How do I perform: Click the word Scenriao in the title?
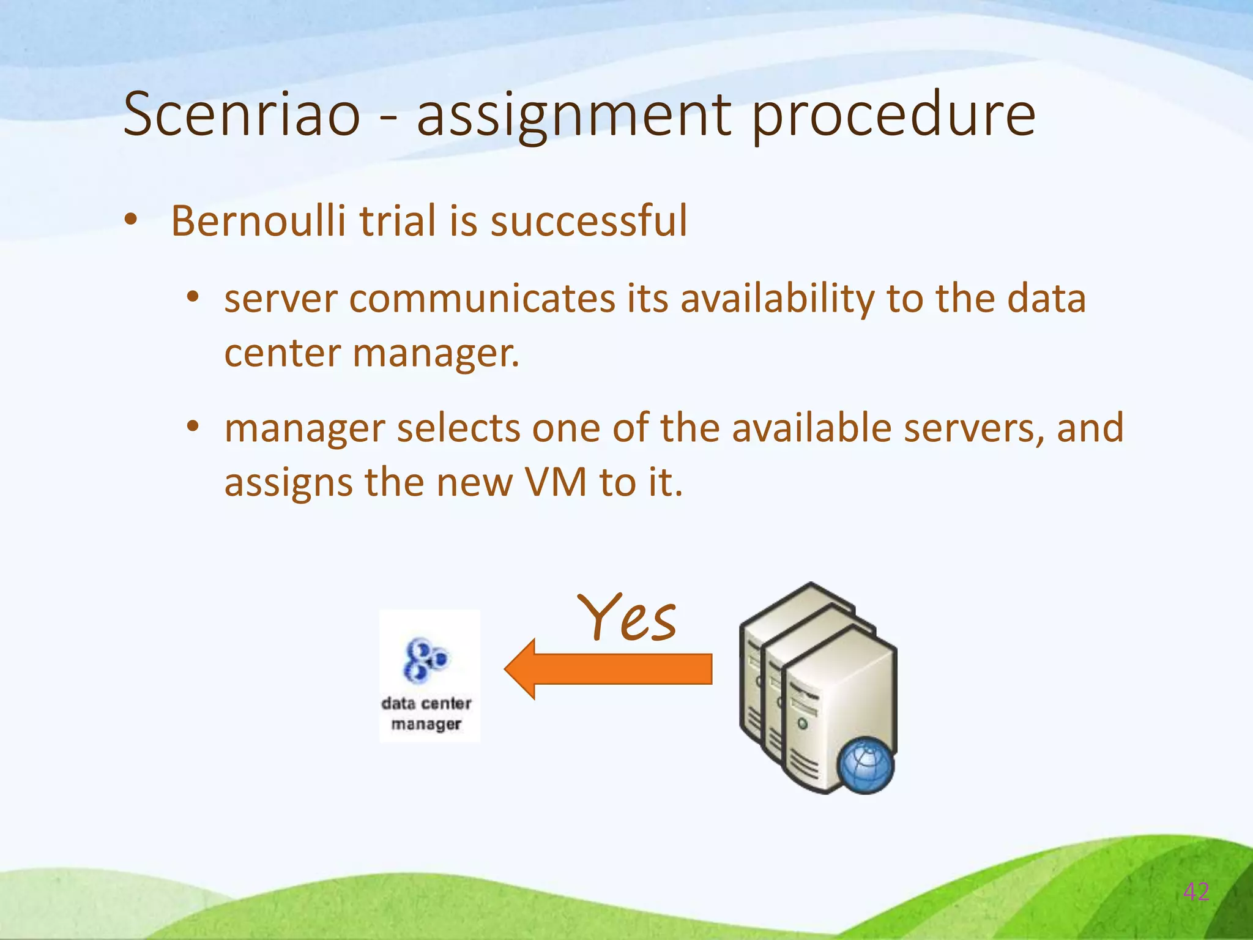[242, 115]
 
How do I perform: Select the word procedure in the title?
[893, 115]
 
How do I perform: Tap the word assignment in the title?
[574, 115]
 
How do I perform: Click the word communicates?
[481, 299]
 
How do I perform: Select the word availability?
[777, 299]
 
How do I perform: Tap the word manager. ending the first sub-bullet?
[436, 354]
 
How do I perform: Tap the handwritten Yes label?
[627, 618]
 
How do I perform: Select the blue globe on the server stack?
[866, 765]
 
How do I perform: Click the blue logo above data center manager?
[426, 660]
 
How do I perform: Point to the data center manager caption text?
[426, 714]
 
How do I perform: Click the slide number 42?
[1195, 892]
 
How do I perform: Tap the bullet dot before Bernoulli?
[130, 220]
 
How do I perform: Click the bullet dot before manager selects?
[193, 428]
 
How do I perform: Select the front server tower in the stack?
[838, 704]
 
